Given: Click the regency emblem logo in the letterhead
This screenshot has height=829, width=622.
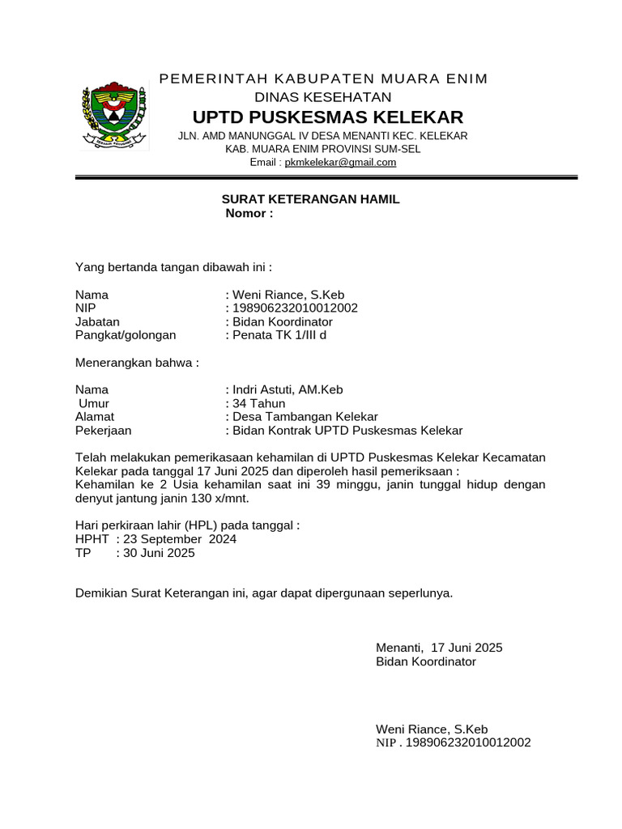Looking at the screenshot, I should click(114, 117).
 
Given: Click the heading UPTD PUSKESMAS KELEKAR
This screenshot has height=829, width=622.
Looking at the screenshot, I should click(327, 116).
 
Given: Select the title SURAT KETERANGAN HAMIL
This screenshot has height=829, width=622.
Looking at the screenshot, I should click(311, 199).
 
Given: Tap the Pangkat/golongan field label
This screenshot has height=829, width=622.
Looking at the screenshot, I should click(126, 334).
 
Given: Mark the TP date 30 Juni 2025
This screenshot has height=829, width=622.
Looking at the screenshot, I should click(159, 553).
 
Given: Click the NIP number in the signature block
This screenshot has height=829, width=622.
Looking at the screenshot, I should click(467, 742).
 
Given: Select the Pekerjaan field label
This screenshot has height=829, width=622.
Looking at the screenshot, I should click(103, 431).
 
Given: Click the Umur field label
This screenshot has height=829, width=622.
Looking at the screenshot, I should click(94, 403).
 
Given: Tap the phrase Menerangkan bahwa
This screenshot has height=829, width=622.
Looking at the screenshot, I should click(137, 362).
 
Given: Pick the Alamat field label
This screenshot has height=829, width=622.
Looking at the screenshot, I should click(95, 417).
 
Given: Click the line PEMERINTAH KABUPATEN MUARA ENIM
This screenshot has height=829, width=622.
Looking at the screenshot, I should click(323, 79).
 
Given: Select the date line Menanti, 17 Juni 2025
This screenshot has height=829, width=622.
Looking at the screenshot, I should click(439, 648).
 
